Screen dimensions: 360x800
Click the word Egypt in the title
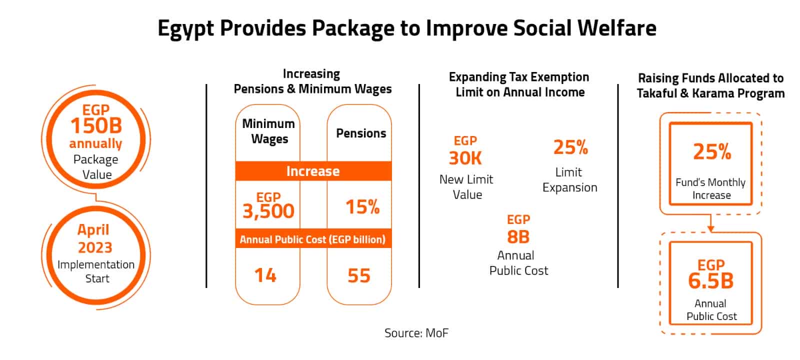click(x=186, y=29)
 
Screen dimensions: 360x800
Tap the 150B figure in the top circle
click(x=96, y=126)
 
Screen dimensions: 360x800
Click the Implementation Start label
click(x=96, y=271)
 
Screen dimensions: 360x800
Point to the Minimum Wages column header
click(x=268, y=131)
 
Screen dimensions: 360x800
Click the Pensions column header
click(x=361, y=133)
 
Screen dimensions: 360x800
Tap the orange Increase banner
click(x=313, y=171)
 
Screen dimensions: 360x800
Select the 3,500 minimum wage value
click(x=268, y=211)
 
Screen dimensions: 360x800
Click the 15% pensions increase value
click(x=362, y=207)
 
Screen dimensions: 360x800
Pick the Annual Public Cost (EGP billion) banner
click(x=313, y=239)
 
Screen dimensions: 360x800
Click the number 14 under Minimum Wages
click(x=265, y=275)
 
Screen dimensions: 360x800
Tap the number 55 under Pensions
click(x=359, y=275)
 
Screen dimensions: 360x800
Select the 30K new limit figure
click(x=465, y=158)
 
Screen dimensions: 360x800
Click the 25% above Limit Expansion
click(x=570, y=147)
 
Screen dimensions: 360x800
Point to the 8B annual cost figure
click(x=518, y=236)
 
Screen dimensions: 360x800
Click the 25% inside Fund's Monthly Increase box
click(x=711, y=151)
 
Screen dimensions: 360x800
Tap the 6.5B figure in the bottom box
click(x=710, y=281)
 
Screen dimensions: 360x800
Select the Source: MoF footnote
click(x=416, y=333)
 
